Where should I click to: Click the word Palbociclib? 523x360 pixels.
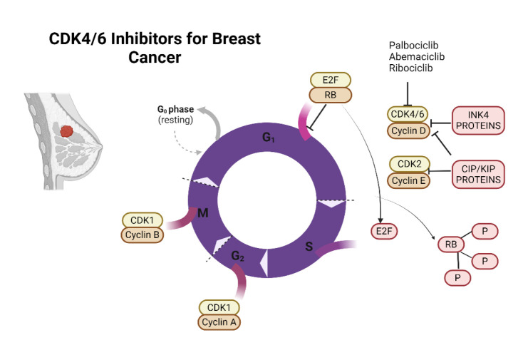click(412, 46)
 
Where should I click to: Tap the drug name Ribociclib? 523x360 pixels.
click(410, 68)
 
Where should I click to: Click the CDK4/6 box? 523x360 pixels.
click(407, 115)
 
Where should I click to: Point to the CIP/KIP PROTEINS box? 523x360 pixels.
click(478, 176)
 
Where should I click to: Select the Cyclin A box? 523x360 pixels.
click(219, 322)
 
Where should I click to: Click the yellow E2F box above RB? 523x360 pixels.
click(328, 80)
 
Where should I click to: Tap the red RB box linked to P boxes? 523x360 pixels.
click(450, 245)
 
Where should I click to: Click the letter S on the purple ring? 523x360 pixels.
click(309, 246)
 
